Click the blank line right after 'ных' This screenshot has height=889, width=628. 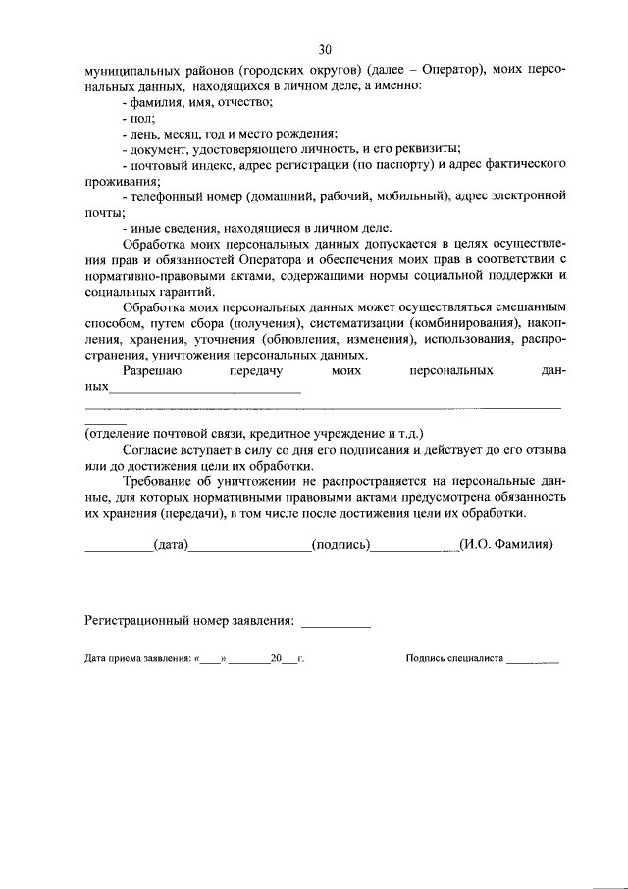click(205, 389)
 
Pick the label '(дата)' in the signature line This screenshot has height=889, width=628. click(170, 545)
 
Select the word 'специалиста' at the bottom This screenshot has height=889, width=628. click(475, 661)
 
